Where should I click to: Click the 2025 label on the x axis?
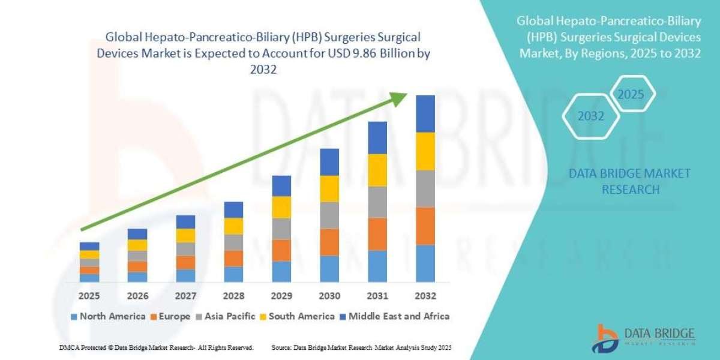coord(89,296)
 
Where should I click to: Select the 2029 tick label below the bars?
coord(281,296)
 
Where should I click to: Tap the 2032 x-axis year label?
coord(425,296)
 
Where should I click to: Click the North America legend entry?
coord(107,316)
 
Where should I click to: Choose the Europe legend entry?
coord(170,316)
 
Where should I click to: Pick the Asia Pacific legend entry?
coord(227,316)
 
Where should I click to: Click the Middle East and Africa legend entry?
coord(394,316)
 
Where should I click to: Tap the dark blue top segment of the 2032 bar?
coord(425,113)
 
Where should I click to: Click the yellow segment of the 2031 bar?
coord(377,170)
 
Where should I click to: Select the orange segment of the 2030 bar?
coord(329,242)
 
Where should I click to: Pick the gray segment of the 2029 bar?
coord(281,229)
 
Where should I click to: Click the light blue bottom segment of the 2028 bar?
coord(233,274)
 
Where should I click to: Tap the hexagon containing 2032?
coord(591,116)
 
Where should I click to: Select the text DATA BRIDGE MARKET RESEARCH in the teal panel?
coord(629,181)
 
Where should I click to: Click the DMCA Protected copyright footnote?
coord(157,347)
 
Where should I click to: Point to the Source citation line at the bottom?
coord(361,347)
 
